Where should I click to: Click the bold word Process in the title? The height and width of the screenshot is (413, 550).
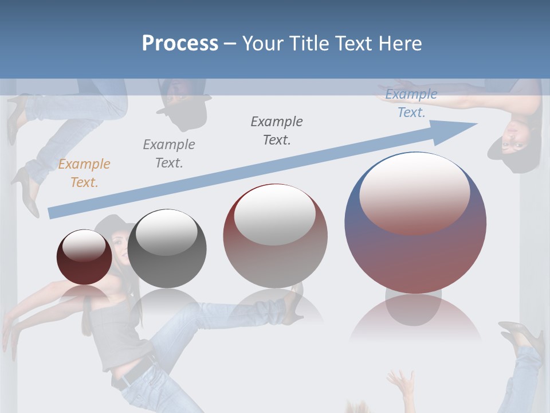click(180, 43)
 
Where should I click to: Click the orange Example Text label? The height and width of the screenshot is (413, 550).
click(84, 173)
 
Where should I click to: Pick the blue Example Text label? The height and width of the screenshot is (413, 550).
click(411, 103)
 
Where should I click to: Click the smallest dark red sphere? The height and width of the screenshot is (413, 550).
click(84, 257)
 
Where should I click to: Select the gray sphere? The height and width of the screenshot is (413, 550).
click(167, 249)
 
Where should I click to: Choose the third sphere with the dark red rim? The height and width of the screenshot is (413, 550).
click(275, 236)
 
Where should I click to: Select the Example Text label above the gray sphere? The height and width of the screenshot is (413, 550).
click(169, 153)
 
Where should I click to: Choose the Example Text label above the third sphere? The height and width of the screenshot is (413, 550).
click(277, 130)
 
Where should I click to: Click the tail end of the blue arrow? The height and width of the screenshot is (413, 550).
click(53, 213)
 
